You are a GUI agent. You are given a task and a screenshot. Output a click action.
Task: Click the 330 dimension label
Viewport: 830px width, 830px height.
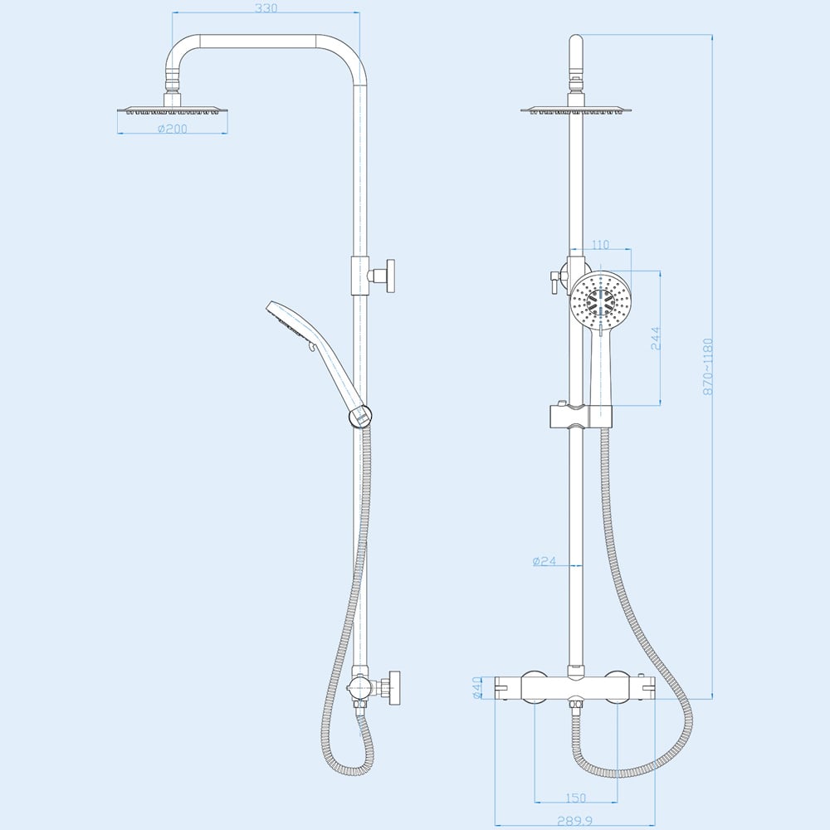(266, 8)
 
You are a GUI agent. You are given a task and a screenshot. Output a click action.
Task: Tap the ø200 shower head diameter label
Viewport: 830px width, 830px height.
(172, 129)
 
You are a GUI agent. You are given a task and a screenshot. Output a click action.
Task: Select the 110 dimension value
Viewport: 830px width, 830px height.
(601, 245)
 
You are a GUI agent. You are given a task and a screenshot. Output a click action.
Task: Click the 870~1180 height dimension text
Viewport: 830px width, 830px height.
(708, 366)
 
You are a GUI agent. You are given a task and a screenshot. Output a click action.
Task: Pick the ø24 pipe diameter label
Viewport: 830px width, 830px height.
(544, 562)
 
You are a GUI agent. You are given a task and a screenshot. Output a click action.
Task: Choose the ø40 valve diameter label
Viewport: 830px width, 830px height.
(478, 688)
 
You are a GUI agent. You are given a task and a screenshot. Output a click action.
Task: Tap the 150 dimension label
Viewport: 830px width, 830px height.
(575, 798)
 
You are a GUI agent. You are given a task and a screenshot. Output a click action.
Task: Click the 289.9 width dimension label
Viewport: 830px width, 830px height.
(575, 821)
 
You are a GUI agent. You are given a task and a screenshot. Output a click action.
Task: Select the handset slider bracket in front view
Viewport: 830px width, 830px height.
(579, 416)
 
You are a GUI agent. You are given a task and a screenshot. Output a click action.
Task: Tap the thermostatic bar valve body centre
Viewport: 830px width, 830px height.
(575, 688)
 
